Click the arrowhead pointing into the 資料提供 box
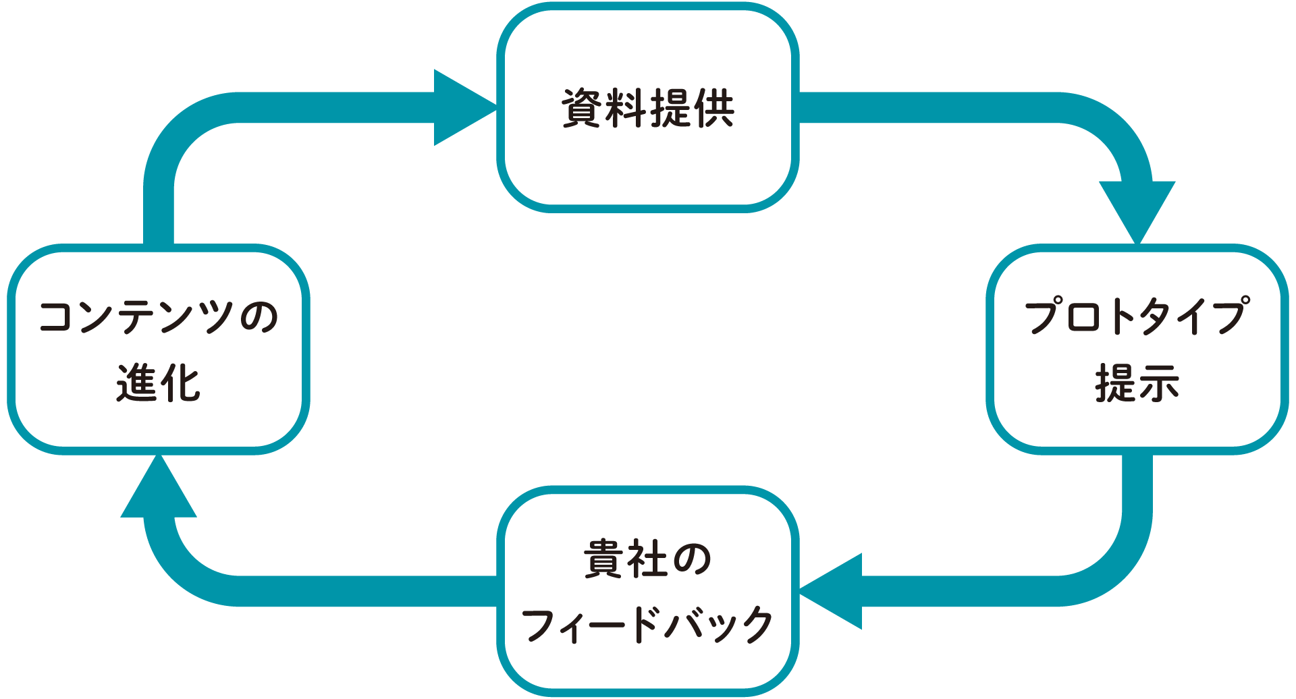[x=462, y=107]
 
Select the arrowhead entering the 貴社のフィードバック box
[x=834, y=591]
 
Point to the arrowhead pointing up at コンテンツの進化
[x=159, y=489]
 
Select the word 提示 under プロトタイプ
[x=1137, y=383]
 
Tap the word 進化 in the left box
[x=159, y=383]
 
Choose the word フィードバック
[x=647, y=624]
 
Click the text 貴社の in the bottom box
[x=647, y=559]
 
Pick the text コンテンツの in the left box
[x=159, y=317]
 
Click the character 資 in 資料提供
[x=583, y=108]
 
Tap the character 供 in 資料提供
[x=713, y=108]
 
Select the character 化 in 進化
[x=180, y=383]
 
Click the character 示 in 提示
[x=1158, y=383]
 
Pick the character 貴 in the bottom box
[x=604, y=559]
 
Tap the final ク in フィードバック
[x=753, y=624]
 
